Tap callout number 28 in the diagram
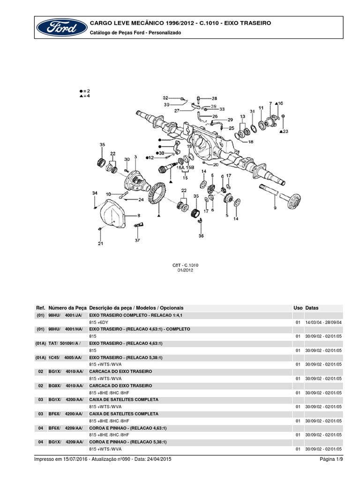pyautogui.click(x=214, y=98)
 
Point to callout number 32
pyautogui.click(x=165, y=97)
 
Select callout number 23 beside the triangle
pyautogui.click(x=286, y=132)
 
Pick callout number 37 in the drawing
pyautogui.click(x=137, y=240)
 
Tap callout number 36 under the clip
pyautogui.click(x=201, y=236)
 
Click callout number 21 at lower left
pyautogui.click(x=100, y=243)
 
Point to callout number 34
pyautogui.click(x=94, y=193)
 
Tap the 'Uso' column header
pyautogui.click(x=298, y=308)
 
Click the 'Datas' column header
pyautogui.click(x=312, y=308)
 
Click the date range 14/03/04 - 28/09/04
pyautogui.click(x=324, y=322)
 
